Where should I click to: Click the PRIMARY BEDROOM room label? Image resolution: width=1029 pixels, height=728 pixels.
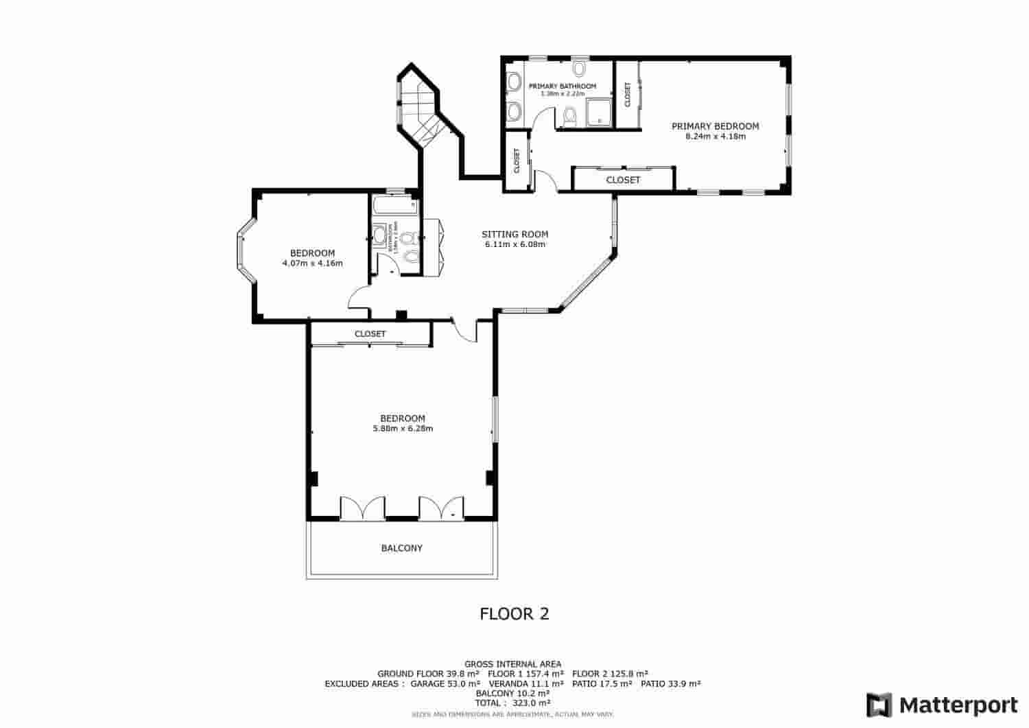pos(715,126)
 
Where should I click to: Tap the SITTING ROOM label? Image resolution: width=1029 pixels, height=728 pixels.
pos(514,235)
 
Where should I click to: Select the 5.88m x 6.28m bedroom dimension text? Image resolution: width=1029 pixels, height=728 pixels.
pos(403,429)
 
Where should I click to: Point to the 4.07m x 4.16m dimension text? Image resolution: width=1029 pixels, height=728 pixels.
pos(312,263)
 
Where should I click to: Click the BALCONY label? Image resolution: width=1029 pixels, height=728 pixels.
pos(402,548)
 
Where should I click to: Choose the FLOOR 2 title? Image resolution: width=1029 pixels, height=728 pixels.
pos(514,614)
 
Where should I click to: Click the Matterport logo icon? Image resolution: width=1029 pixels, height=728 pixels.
pos(879,705)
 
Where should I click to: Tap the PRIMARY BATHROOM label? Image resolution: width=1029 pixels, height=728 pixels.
pos(562,86)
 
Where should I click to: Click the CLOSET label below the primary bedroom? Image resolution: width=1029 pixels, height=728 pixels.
pos(623,180)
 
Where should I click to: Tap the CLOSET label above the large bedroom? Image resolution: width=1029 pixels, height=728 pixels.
pos(370,334)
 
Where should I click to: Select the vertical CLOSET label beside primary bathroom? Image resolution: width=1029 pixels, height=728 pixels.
pos(627,95)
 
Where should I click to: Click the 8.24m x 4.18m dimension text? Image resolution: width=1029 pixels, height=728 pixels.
pos(715,137)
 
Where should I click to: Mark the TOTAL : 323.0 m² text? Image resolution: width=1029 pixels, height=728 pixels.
pos(512,703)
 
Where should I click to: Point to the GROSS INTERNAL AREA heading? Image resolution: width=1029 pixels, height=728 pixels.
pos(512,664)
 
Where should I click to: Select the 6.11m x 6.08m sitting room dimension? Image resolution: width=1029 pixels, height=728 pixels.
pos(514,244)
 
